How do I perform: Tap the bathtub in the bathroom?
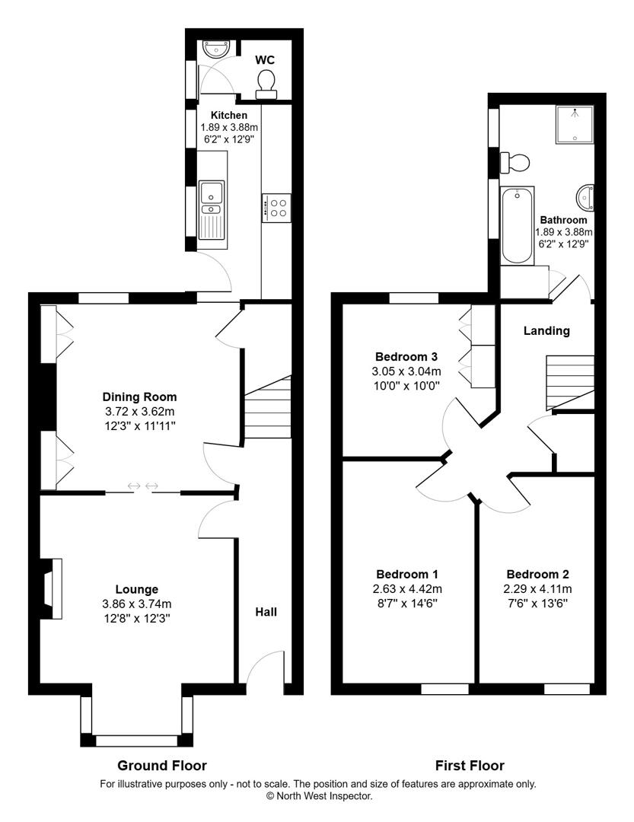[518, 225]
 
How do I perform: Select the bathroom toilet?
[515, 162]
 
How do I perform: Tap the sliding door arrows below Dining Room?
[142, 486]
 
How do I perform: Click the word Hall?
[266, 612]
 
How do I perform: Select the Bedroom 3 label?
[406, 356]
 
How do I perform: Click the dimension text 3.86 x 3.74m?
[137, 604]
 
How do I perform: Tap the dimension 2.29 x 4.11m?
[537, 589]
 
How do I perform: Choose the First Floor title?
[470, 766]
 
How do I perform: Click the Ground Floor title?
[162, 766]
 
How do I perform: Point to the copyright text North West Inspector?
[318, 796]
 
